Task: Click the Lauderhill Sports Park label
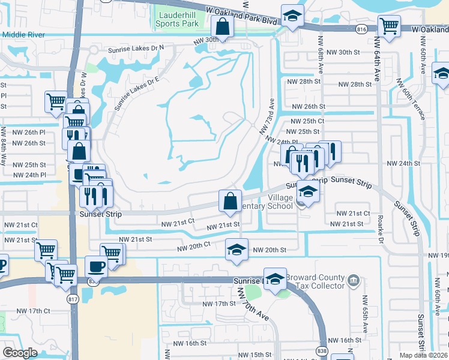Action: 176,19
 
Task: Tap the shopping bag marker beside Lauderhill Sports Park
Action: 222,27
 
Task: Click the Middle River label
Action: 23,35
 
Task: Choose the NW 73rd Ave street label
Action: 267,116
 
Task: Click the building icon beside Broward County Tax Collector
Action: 354,278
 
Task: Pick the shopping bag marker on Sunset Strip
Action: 231,201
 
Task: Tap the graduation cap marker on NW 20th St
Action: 237,250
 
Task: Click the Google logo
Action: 20,353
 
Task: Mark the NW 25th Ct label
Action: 306,121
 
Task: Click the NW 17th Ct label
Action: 32,311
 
